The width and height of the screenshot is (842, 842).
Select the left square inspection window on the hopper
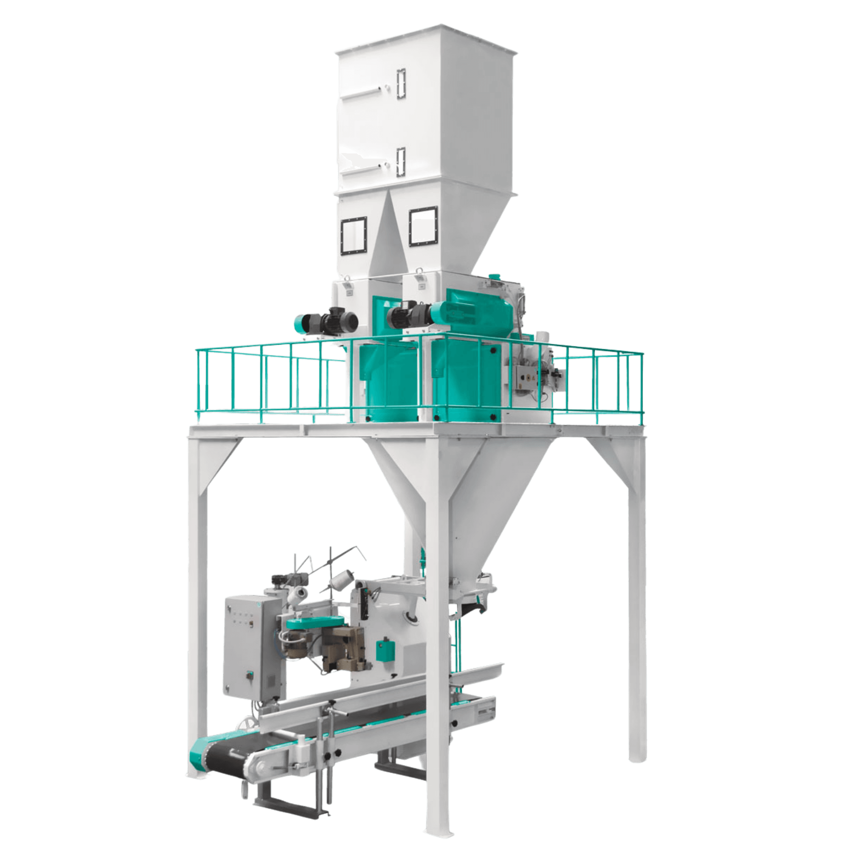pyautogui.click(x=353, y=236)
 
